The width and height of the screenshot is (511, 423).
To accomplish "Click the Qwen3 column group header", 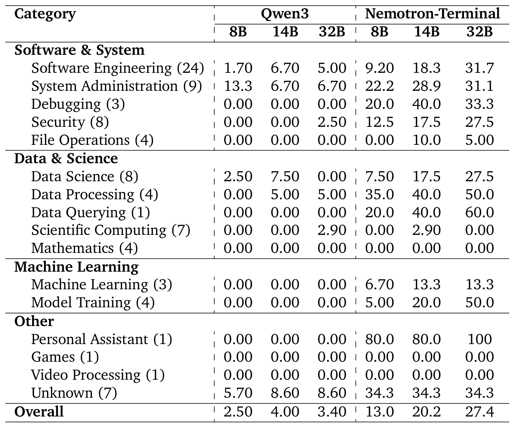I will tap(285, 14).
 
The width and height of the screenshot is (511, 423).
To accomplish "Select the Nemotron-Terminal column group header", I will tap(432, 14).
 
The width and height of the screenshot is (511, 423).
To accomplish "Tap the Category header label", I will tap(45, 14).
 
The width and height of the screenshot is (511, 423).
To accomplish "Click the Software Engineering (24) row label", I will tap(117, 68).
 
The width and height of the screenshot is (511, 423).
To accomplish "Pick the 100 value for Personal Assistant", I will tap(480, 339).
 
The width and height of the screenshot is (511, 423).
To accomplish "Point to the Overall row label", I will tap(39, 412).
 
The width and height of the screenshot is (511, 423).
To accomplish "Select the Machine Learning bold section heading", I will tap(76, 267).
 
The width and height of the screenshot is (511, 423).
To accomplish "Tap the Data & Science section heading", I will tap(66, 158).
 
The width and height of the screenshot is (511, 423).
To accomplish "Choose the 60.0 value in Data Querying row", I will tap(480, 212).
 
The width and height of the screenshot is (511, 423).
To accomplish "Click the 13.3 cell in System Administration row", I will tap(238, 86).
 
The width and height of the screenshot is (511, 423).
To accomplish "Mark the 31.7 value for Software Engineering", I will tap(480, 68).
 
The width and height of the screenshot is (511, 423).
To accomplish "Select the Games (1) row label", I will tap(65, 357).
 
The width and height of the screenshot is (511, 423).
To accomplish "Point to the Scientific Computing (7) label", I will tap(111, 230).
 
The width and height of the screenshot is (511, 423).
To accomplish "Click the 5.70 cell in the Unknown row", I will tap(238, 393).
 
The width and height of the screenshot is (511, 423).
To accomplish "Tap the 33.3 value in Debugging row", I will tap(480, 104).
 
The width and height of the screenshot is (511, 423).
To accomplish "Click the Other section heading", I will tap(34, 321).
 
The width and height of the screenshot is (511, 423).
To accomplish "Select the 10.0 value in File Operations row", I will tap(426, 140).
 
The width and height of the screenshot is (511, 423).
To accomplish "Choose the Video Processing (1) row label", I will tap(98, 375).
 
